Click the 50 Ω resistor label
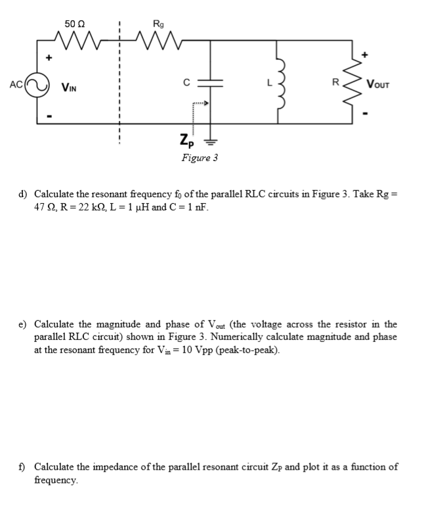coord(73,24)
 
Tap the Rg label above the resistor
coord(158,24)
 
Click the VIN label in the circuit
coord(71,86)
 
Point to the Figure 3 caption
coord(200,158)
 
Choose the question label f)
coord(23,467)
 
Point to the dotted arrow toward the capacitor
coord(200,104)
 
